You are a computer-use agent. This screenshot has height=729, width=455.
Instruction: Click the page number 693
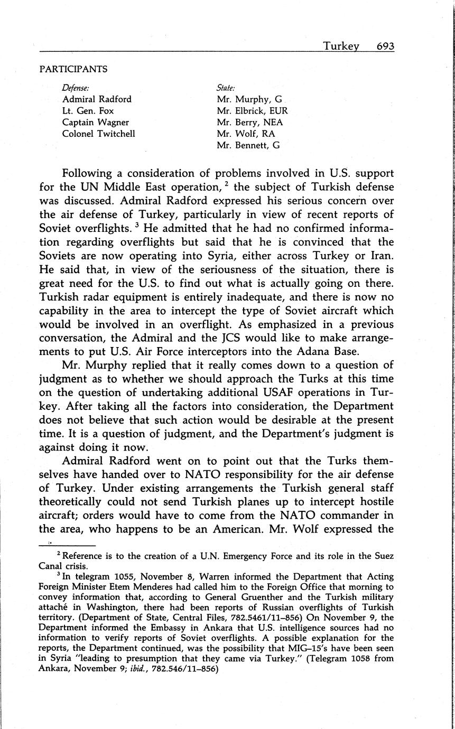pos(385,46)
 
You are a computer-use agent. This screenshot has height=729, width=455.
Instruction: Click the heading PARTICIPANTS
pos(73,69)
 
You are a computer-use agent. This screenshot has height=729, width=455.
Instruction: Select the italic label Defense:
pos(76,87)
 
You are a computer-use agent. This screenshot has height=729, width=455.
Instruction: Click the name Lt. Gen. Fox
pos(88,110)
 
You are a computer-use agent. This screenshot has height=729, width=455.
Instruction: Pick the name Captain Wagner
pos(96,122)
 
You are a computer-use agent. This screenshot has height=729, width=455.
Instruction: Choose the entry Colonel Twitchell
pos(99,134)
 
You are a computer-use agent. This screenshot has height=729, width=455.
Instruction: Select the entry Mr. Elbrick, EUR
pos(252,110)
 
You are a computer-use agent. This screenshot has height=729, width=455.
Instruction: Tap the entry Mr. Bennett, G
pos(248,145)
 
